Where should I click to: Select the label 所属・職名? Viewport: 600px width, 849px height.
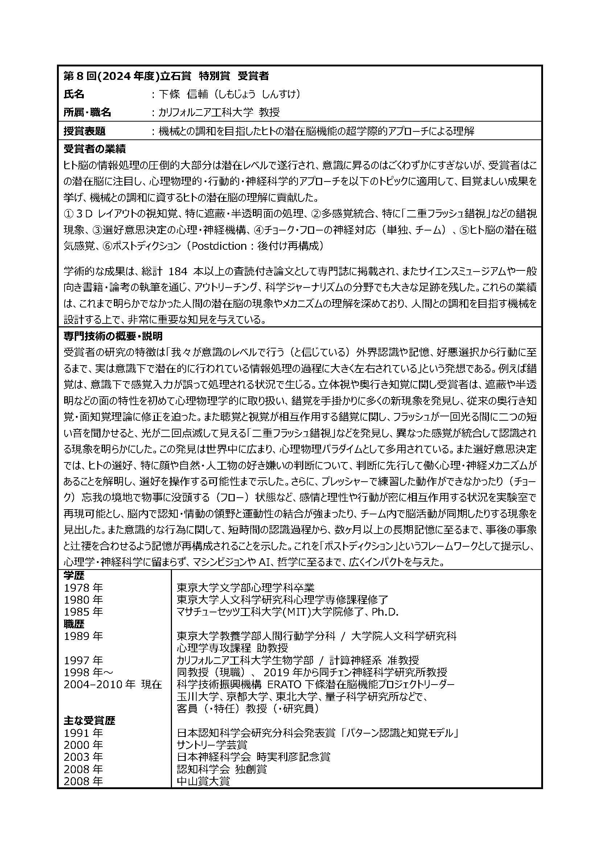point(87,113)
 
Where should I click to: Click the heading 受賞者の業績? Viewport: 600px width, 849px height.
point(95,149)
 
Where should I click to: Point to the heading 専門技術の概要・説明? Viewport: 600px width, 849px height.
point(113,336)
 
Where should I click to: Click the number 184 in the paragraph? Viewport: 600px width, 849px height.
point(179,272)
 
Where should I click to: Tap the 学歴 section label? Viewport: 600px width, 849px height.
point(74,575)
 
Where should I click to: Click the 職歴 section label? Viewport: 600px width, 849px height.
point(74,624)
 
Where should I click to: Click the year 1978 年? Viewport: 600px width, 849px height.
point(83,588)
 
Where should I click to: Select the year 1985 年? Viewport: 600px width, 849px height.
point(83,612)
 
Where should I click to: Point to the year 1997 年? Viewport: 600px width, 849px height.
point(83,660)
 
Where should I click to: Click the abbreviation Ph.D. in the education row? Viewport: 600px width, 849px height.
point(385,612)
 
